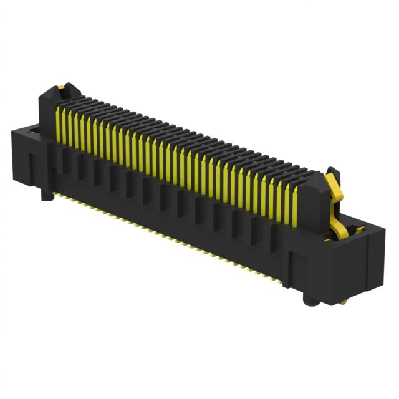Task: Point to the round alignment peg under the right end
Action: [x=309, y=301]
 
